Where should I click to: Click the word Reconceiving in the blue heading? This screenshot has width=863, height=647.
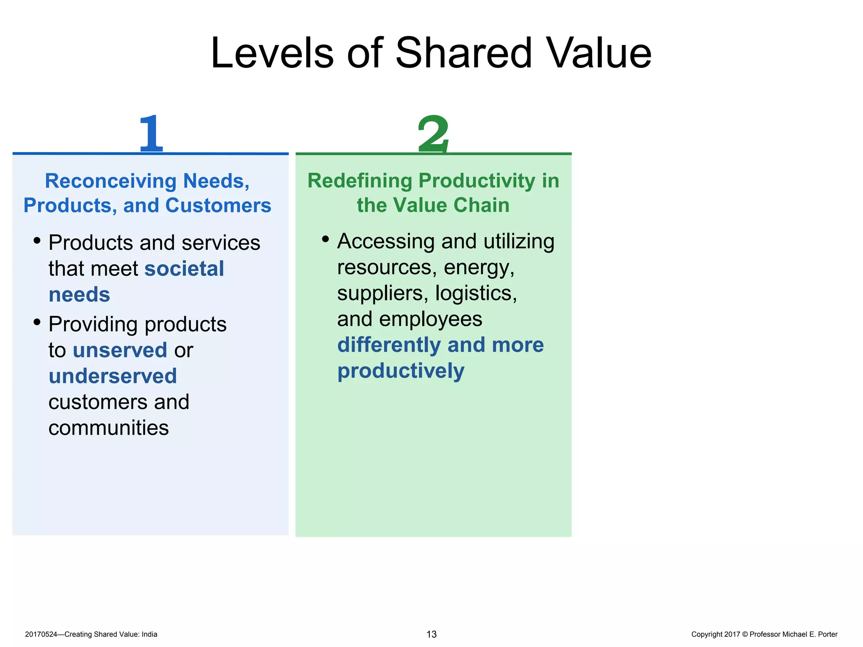[110, 181]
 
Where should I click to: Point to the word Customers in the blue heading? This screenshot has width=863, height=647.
[218, 206]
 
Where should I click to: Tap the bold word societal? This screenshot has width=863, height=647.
[184, 269]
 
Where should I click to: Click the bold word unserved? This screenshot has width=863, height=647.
[120, 350]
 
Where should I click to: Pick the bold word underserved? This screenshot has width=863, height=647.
[113, 376]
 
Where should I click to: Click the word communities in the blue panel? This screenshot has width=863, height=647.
[109, 428]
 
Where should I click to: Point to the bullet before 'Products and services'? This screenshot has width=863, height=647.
[37, 241]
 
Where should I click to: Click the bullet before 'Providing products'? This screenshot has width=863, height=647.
[37, 323]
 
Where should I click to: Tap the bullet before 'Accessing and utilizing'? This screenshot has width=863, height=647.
[325, 240]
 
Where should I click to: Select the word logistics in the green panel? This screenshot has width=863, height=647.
[475, 293]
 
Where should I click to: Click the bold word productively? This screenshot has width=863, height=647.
[401, 371]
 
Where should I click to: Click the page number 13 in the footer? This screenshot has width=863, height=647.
[431, 634]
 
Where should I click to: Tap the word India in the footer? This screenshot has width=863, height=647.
[149, 634]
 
